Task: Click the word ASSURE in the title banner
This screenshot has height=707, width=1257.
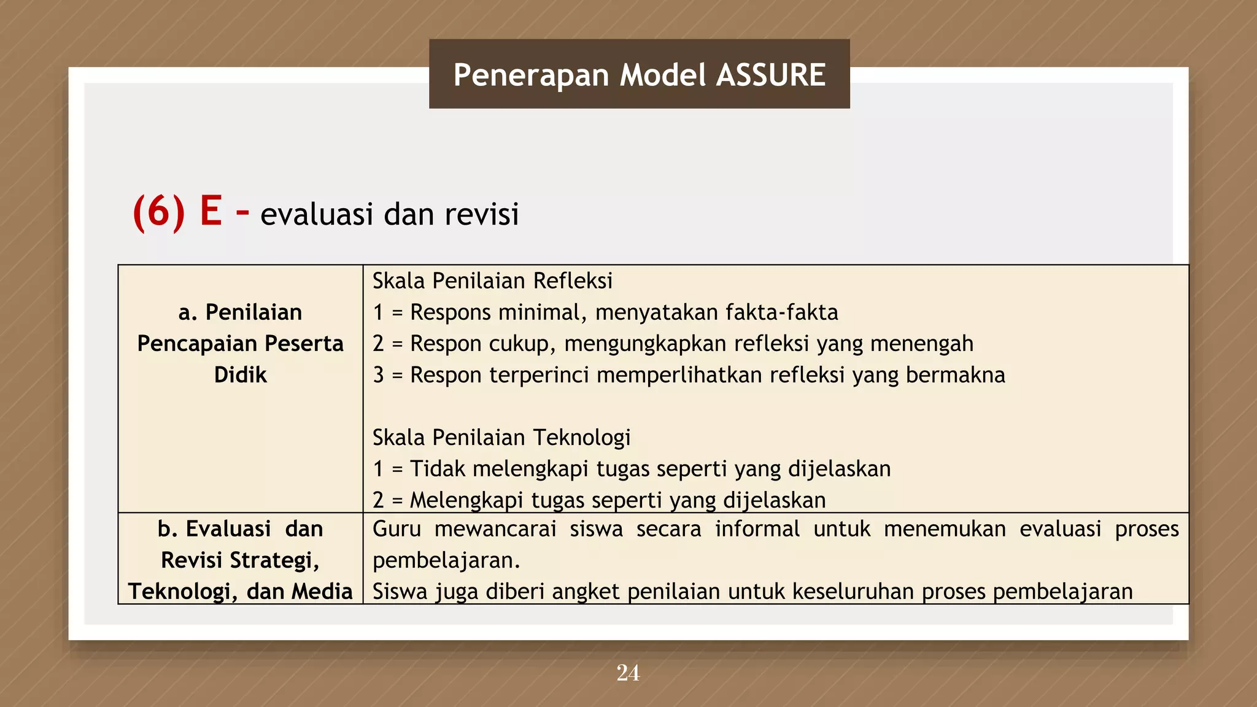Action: tap(771, 75)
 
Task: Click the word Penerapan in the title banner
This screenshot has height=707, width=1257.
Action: tap(531, 75)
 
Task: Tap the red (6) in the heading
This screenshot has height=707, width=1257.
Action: tap(158, 212)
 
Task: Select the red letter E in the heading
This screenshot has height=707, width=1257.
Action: tap(211, 211)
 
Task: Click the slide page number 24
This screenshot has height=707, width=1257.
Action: tap(628, 673)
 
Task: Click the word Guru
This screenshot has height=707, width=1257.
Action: tap(396, 529)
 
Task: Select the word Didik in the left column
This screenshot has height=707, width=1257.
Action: tap(240, 375)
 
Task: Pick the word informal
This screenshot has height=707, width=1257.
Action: tap(757, 529)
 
